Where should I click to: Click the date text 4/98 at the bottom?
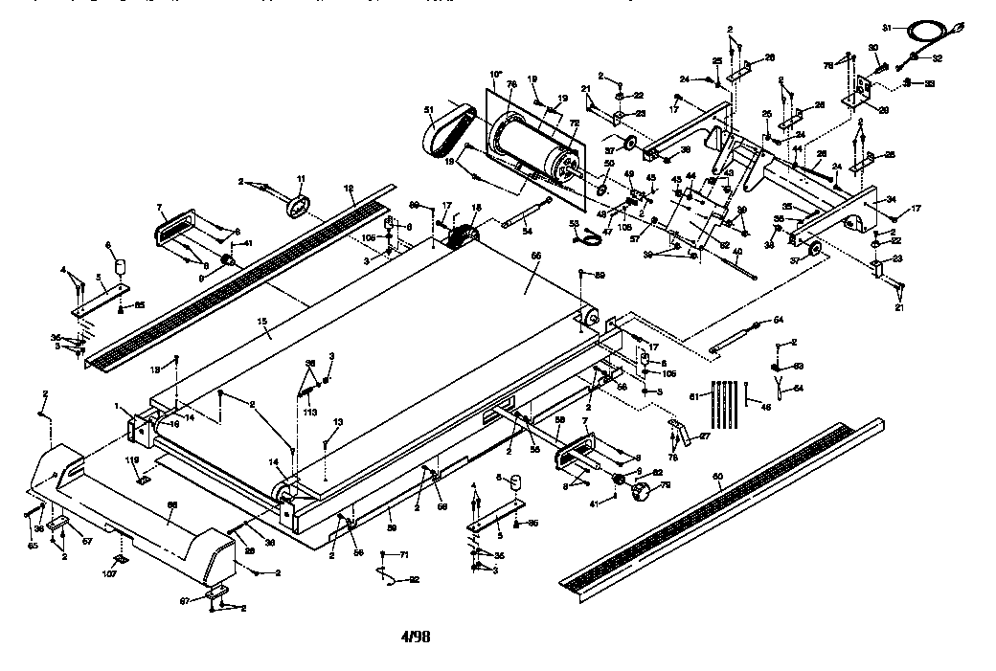click(415, 635)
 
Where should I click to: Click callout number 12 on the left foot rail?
click(350, 189)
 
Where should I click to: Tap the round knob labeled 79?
click(641, 494)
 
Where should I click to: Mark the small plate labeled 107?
click(121, 559)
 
